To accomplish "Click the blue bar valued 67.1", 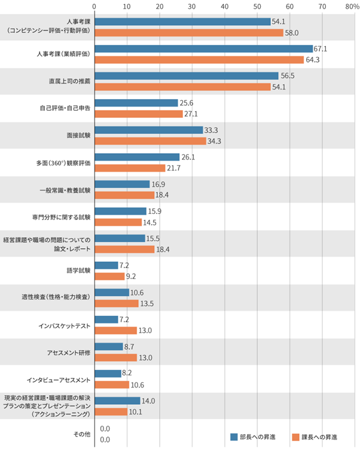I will point(203,48).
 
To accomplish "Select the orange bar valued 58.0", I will point(189,33).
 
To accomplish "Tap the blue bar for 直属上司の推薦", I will point(187,75).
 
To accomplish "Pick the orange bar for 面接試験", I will point(150,141).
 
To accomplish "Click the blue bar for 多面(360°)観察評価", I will point(137,157).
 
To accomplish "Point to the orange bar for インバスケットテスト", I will point(115,330).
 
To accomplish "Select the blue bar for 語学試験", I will point(106,265).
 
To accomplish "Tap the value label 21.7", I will point(173,168).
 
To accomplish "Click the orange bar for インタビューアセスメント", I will point(112,384).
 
